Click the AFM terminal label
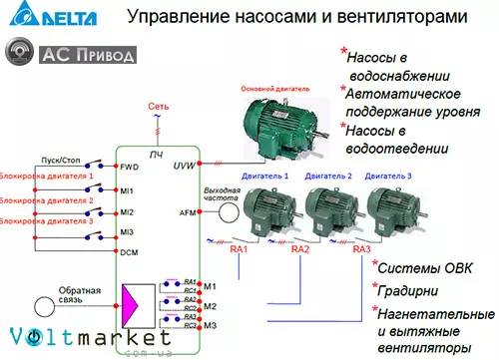pyautogui.click(x=188, y=213)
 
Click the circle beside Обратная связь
pyautogui.click(x=45, y=308)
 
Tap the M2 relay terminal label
pyautogui.click(x=210, y=306)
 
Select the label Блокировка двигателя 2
pyautogui.click(x=47, y=200)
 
